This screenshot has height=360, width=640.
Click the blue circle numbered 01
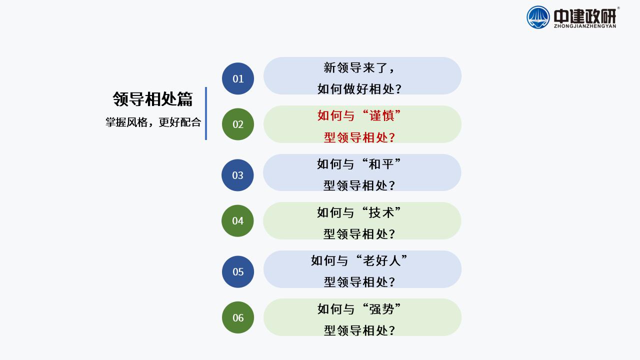point(238,78)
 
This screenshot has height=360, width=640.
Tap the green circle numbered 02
point(238,124)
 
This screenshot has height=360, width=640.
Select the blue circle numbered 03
point(237,175)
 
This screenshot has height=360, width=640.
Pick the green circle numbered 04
point(237,221)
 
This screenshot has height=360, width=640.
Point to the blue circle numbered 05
point(238,271)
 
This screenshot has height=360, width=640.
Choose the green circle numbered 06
point(238,317)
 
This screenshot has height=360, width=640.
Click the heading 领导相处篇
point(152,99)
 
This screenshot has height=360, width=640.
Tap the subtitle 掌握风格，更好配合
point(153,122)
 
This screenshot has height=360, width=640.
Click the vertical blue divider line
point(206,113)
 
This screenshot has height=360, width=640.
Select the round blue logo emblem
point(538,17)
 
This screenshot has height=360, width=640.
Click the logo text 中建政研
point(585,16)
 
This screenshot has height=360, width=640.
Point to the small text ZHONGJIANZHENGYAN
point(585,26)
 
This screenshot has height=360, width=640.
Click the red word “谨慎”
point(381,115)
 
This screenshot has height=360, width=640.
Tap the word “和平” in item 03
point(381,164)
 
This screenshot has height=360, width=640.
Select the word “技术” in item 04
point(381,212)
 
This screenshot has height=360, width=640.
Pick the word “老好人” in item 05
point(381,260)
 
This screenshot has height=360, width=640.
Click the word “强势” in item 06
point(381,309)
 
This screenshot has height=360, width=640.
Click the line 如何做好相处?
point(359,89)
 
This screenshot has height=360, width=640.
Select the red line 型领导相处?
point(359,137)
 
